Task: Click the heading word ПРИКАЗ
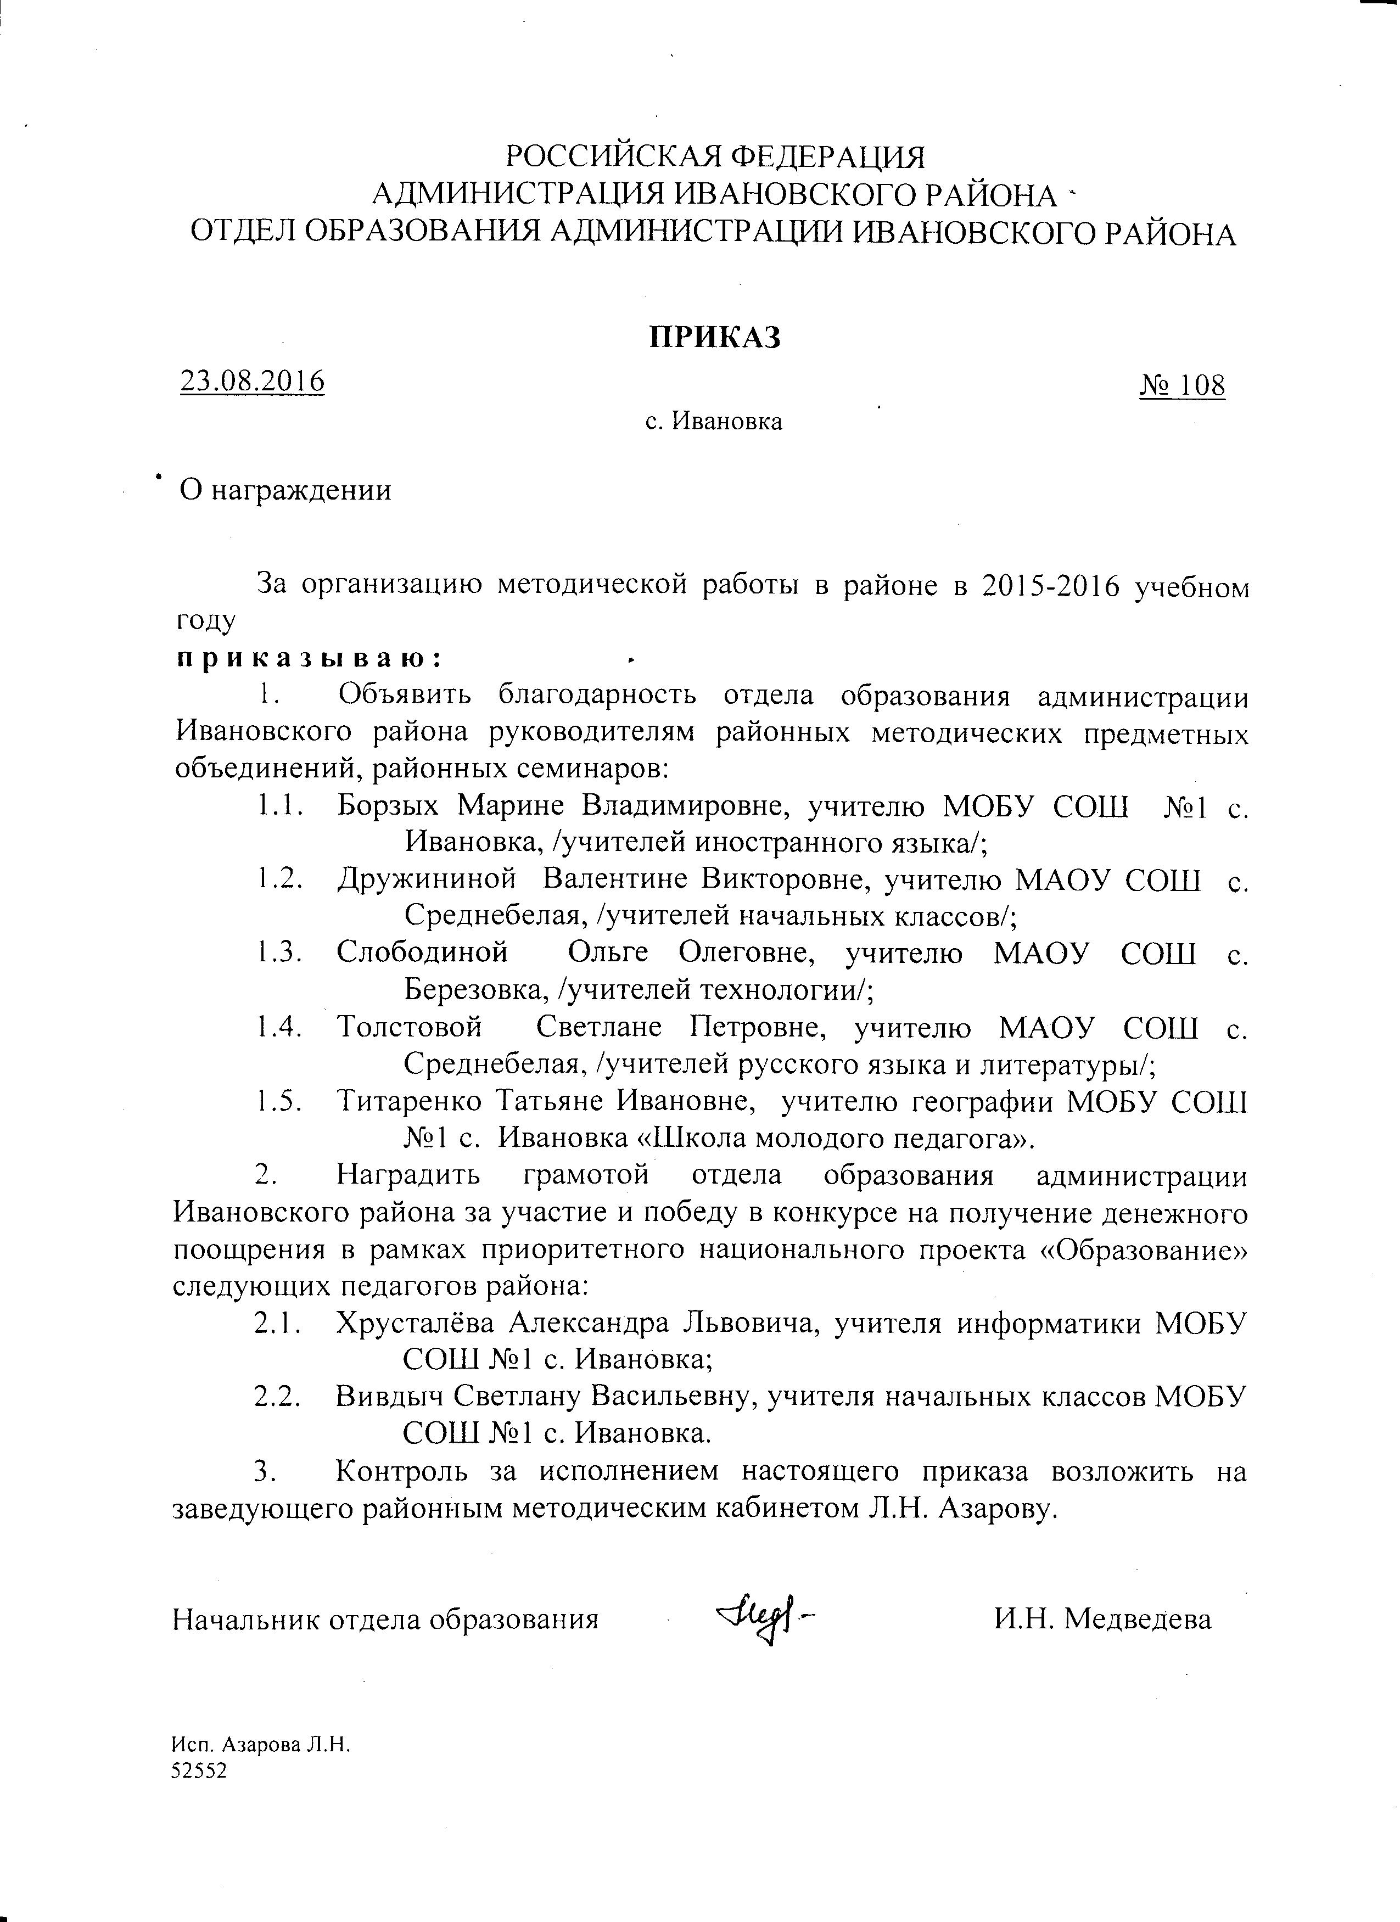[714, 337]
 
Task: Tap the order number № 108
[1182, 385]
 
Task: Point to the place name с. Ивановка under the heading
[714, 421]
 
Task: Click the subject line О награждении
[285, 490]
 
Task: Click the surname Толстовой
[410, 1027]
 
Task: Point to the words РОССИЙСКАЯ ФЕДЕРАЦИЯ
[714, 158]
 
